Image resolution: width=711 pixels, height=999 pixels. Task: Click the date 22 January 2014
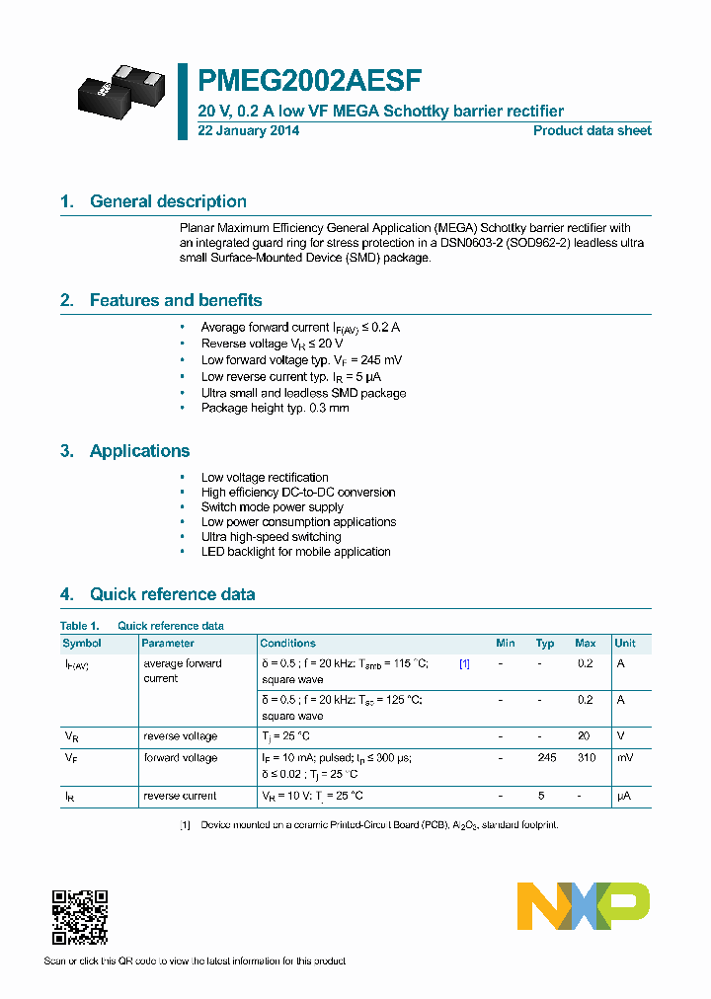tap(249, 130)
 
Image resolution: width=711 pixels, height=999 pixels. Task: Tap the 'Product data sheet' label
tap(592, 130)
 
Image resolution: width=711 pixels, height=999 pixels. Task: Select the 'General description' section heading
tap(168, 201)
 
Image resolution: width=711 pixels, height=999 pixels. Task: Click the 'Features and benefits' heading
tap(176, 300)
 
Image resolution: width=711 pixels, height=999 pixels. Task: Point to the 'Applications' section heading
tap(139, 451)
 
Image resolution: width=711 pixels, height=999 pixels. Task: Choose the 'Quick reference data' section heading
tap(172, 594)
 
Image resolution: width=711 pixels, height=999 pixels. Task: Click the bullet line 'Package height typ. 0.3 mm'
tap(275, 408)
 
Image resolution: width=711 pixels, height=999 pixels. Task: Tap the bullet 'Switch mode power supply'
tap(272, 507)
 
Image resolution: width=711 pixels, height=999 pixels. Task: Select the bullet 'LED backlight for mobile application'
tap(295, 552)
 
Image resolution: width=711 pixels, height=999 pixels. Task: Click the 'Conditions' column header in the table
tap(288, 643)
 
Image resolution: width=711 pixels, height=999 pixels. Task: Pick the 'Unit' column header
tap(625, 643)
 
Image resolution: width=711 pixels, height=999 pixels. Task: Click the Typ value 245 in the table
tap(546, 758)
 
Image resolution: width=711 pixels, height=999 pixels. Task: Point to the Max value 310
tap(586, 758)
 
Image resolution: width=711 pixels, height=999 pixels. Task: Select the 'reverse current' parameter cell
tap(180, 796)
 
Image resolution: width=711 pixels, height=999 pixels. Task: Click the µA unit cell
tap(624, 796)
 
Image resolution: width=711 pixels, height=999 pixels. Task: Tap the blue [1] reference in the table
tap(464, 664)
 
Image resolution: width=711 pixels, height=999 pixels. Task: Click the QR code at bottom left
tap(80, 917)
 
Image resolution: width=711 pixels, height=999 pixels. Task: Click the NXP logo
tap(584, 906)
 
